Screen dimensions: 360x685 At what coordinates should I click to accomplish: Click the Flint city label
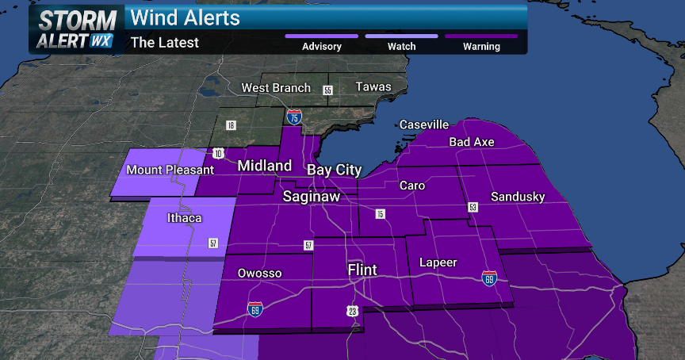click(x=362, y=270)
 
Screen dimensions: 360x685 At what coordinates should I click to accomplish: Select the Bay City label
click(x=334, y=170)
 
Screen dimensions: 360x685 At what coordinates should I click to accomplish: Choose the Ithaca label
click(x=184, y=218)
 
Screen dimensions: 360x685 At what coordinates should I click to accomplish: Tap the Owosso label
click(x=259, y=274)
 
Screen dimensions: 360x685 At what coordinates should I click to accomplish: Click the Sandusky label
click(x=518, y=197)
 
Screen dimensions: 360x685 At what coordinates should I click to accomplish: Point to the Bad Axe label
click(x=472, y=142)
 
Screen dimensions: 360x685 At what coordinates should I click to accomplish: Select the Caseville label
click(x=424, y=124)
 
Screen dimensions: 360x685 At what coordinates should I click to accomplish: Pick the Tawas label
click(x=373, y=86)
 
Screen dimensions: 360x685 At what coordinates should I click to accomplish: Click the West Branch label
click(x=276, y=87)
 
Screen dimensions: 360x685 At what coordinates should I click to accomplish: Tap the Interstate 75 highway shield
click(x=294, y=117)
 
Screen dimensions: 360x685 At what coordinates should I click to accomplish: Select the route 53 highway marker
click(x=473, y=207)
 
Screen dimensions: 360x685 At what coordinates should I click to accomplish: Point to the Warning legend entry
click(x=481, y=46)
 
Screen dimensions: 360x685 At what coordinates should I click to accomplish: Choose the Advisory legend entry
click(x=322, y=46)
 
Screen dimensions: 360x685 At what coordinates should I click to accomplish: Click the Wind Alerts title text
click(x=185, y=17)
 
